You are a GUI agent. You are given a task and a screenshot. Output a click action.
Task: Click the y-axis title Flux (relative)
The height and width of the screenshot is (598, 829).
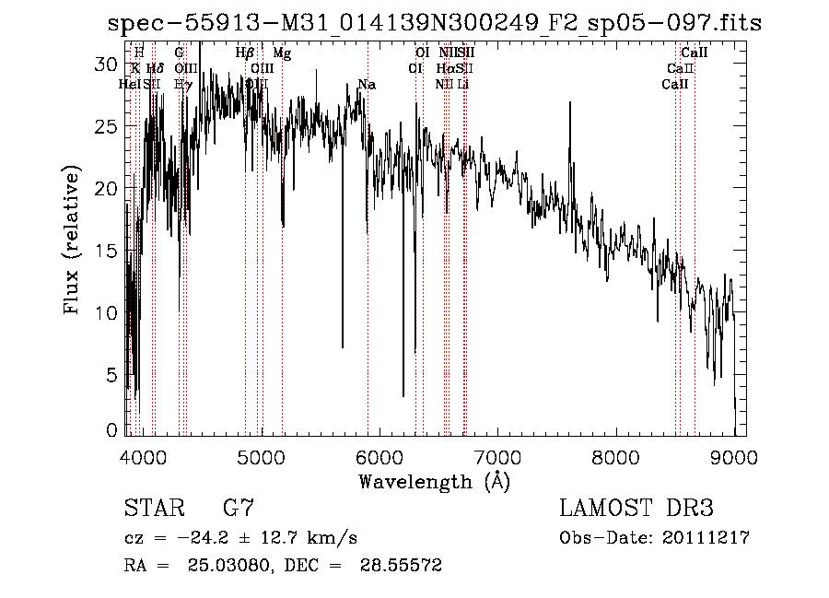point(72,240)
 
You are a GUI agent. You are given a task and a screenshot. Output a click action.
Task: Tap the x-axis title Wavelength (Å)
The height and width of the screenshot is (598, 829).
point(433,482)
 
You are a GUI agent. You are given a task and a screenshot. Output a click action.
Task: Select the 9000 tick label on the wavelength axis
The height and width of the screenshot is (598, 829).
point(734,456)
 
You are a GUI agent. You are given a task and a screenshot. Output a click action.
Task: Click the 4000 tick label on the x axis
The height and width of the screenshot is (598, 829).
point(143,456)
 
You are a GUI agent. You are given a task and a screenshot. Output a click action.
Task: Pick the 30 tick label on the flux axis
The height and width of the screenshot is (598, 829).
point(109,64)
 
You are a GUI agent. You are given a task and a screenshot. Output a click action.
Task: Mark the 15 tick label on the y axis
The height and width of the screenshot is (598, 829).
point(109,251)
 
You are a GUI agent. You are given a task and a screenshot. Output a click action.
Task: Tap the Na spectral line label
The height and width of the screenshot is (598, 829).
point(367,85)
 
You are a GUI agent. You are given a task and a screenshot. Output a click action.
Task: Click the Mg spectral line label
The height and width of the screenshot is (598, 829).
point(282,53)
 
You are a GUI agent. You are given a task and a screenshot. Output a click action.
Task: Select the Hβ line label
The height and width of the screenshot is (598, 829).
point(244,53)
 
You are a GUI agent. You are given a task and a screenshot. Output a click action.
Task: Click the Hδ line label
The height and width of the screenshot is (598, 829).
point(155,69)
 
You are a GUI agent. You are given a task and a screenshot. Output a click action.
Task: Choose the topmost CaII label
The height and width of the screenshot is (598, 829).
point(694,53)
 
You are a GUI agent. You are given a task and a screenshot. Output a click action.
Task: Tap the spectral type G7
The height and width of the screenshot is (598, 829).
point(239,509)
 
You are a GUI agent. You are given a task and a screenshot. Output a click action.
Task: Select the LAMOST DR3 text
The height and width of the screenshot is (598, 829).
point(636,509)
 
